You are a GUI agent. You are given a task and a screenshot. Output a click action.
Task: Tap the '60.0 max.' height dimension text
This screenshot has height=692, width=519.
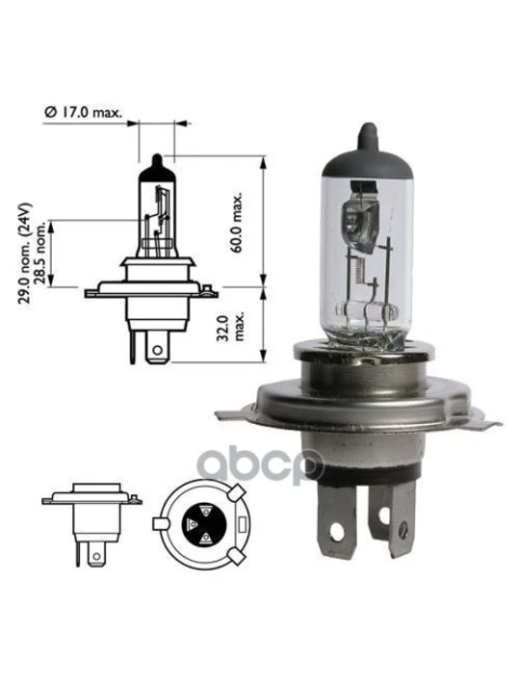(236, 222)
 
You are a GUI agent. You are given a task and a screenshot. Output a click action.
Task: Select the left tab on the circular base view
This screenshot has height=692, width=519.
(159, 524)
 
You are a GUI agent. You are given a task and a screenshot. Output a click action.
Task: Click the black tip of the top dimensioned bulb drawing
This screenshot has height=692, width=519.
(157, 163)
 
